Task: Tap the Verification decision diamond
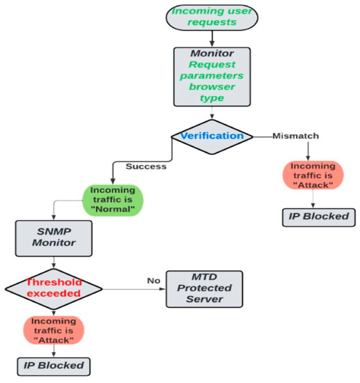pyautogui.click(x=213, y=136)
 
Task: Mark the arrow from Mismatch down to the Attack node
pyautogui.click(x=308, y=150)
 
